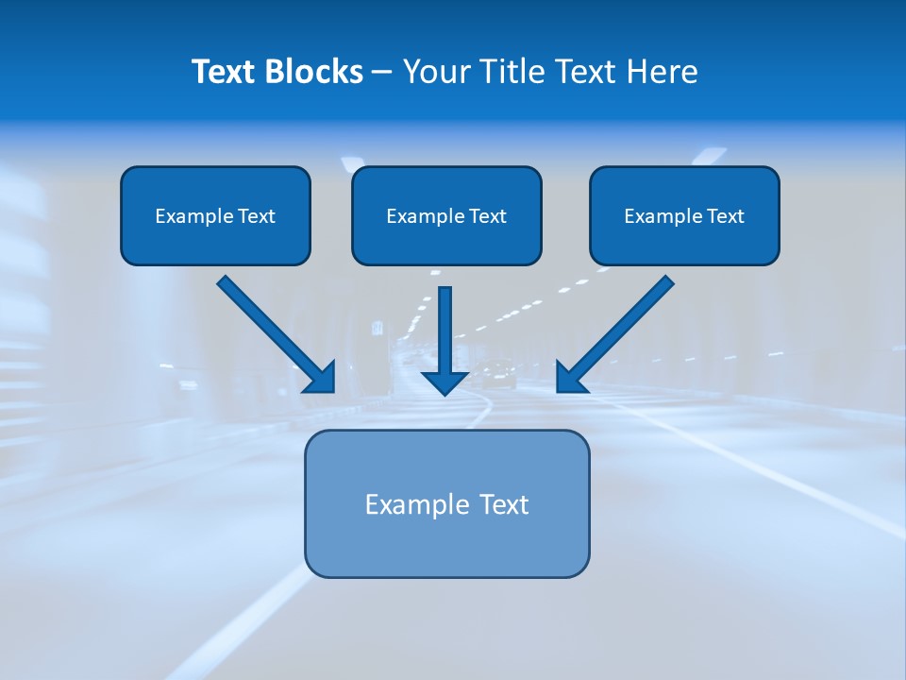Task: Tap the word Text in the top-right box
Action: click(x=725, y=216)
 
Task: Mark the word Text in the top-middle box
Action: click(x=487, y=216)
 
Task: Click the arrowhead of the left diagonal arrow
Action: click(x=321, y=378)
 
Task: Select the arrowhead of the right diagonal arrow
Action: click(x=570, y=378)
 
